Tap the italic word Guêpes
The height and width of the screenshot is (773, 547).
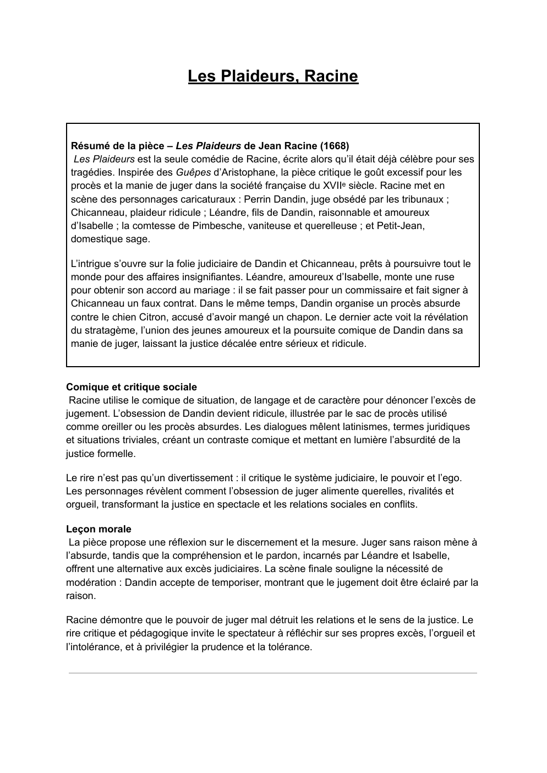pos(193,172)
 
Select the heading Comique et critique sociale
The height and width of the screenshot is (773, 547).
pos(132,387)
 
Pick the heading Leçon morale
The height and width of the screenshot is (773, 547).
pos(99,529)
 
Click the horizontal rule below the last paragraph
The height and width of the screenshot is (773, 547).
pos(273,673)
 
